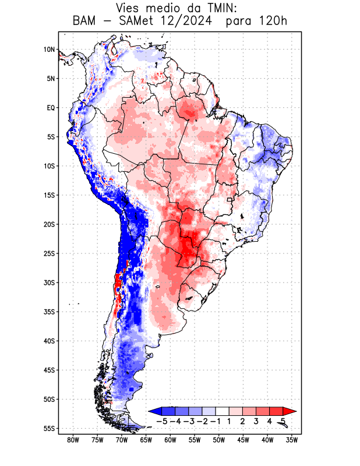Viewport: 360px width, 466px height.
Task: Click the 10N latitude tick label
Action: pyautogui.click(x=50, y=50)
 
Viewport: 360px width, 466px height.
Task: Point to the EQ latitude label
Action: pyautogui.click(x=51, y=108)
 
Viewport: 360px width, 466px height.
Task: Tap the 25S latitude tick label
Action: pyautogui.click(x=49, y=253)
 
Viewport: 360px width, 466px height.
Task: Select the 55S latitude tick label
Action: pyautogui.click(x=49, y=428)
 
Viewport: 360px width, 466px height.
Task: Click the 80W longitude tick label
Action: pyautogui.click(x=73, y=440)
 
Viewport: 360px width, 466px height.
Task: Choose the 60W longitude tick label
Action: pyautogui.click(x=171, y=440)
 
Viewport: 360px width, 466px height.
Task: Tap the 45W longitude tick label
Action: pyautogui.click(x=243, y=440)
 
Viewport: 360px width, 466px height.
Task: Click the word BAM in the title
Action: pyautogui.click(x=85, y=22)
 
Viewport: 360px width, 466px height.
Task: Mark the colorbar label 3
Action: pyautogui.click(x=256, y=421)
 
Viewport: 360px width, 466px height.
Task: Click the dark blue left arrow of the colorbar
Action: pyautogui.click(x=155, y=411)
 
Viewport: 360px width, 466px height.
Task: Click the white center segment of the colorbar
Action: pyautogui.click(x=223, y=411)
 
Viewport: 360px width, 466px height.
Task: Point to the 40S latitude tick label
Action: pyautogui.click(x=49, y=341)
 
